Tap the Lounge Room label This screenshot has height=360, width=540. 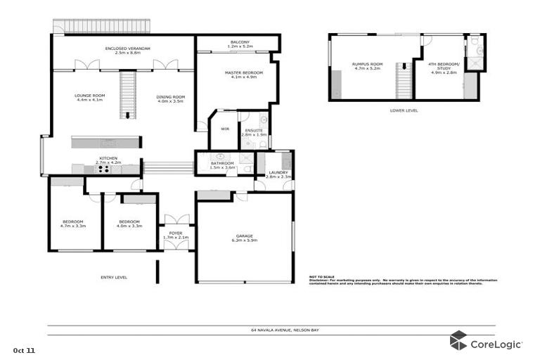(x=89, y=98)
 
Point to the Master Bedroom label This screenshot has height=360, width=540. (x=243, y=75)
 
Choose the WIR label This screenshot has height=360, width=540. (x=225, y=129)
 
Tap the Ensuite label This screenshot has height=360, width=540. (x=253, y=131)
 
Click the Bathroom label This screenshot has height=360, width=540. (x=222, y=165)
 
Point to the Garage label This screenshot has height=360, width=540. (x=244, y=238)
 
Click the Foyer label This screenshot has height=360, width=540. (x=172, y=235)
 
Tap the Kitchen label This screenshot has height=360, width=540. (x=108, y=160)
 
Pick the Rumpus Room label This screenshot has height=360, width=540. (x=366, y=66)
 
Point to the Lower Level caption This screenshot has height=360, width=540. (x=404, y=110)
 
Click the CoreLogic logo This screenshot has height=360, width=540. (x=485, y=342)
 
